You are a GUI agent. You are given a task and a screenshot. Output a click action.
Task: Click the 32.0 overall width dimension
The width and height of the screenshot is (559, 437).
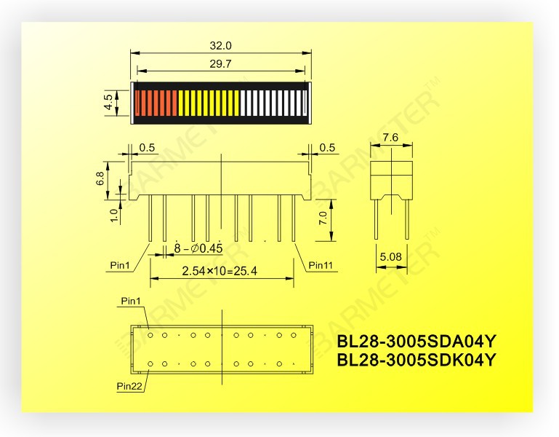pyautogui.click(x=220, y=45)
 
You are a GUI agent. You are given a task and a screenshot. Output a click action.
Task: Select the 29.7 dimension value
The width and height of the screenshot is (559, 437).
pyautogui.click(x=220, y=64)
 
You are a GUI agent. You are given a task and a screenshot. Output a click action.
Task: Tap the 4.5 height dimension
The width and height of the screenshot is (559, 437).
pyautogui.click(x=110, y=103)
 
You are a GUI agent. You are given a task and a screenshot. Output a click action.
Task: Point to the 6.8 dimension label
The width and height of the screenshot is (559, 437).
pyautogui.click(x=110, y=178)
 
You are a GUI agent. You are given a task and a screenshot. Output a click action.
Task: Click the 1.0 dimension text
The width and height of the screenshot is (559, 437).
pyautogui.click(x=113, y=215)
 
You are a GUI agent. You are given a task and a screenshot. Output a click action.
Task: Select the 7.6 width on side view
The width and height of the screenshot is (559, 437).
pyautogui.click(x=390, y=138)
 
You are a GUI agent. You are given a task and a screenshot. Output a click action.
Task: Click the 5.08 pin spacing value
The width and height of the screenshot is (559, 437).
pyautogui.click(x=390, y=256)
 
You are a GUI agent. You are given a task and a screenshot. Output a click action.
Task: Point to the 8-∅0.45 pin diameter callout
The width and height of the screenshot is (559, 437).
pyautogui.click(x=198, y=249)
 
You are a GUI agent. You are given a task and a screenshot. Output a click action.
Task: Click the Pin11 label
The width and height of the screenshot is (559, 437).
pyautogui.click(x=320, y=265)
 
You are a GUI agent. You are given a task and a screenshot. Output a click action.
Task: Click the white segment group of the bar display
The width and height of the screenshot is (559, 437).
pyautogui.click(x=273, y=103)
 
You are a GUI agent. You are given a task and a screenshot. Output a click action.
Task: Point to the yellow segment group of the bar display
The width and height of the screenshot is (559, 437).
pyautogui.click(x=209, y=103)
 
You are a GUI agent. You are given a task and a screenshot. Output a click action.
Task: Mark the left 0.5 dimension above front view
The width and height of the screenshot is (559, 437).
pyautogui.click(x=147, y=148)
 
